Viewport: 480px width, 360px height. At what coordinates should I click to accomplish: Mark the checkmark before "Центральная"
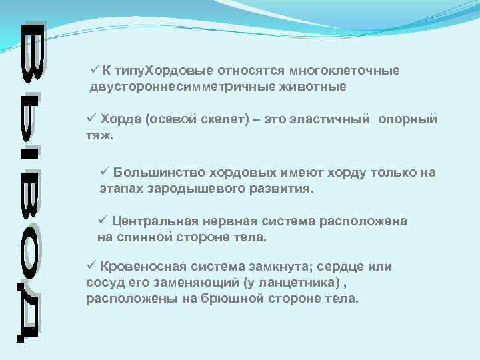[x=103, y=221]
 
